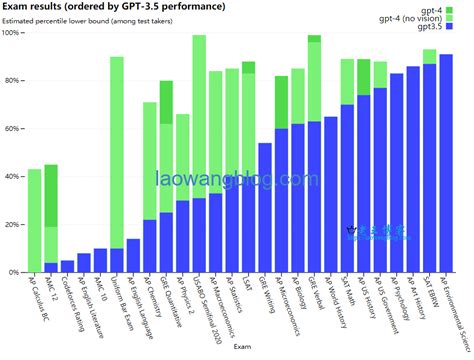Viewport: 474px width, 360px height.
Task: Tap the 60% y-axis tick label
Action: coord(14,129)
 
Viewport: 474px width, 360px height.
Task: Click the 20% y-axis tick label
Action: coord(14,224)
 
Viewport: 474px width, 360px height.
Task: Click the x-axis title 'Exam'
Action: coord(242,348)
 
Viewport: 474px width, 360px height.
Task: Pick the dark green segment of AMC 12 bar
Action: coord(51,195)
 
